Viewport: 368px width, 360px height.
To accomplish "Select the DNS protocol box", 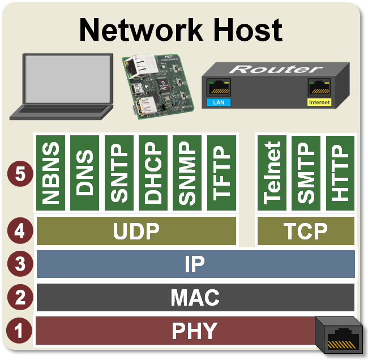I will [x=85, y=172].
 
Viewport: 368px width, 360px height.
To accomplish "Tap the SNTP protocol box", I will [x=119, y=172].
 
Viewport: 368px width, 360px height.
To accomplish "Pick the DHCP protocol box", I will [x=153, y=172].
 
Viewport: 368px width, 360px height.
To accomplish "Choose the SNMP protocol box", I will [x=187, y=172].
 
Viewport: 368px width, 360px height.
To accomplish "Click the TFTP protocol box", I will [x=221, y=172].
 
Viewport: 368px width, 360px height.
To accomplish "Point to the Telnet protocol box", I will [x=272, y=172].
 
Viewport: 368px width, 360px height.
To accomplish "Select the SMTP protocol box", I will [x=306, y=172].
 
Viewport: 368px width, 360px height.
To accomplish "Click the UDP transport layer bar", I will [x=136, y=231].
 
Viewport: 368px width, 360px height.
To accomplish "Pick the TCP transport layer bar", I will [x=306, y=231].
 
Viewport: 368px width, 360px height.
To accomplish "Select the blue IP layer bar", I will [x=195, y=264].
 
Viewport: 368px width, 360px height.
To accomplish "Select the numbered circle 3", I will [x=19, y=264].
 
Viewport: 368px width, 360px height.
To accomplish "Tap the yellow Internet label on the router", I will [x=319, y=102].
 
